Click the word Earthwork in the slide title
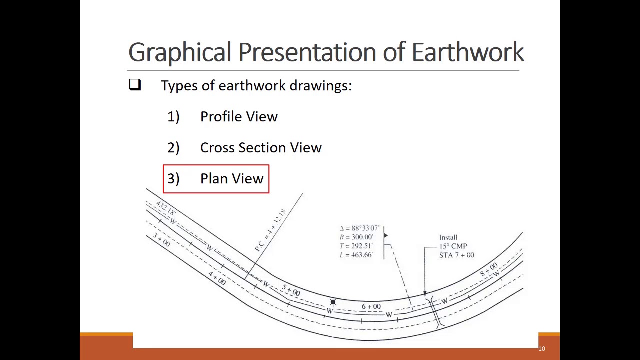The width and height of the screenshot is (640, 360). (467, 52)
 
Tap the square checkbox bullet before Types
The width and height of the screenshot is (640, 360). (135, 85)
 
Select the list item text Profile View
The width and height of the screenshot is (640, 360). (239, 117)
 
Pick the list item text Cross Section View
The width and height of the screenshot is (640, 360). (261, 148)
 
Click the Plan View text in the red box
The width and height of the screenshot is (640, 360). (232, 179)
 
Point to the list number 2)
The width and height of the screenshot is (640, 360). (173, 148)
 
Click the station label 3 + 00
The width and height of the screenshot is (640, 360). (161, 240)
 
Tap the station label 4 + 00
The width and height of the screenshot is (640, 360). (217, 278)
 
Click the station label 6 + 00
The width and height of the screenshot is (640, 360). (371, 306)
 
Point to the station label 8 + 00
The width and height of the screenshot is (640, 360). (489, 269)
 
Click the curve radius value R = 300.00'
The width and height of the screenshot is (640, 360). (356, 237)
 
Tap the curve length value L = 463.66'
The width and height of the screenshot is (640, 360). (356, 255)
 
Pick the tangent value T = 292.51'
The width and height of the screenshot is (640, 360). (356, 246)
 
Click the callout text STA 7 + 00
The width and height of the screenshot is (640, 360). (456, 255)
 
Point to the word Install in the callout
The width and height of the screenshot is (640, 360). (448, 237)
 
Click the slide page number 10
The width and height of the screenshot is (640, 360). (542, 349)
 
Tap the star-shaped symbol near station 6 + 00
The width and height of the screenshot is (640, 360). (333, 302)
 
